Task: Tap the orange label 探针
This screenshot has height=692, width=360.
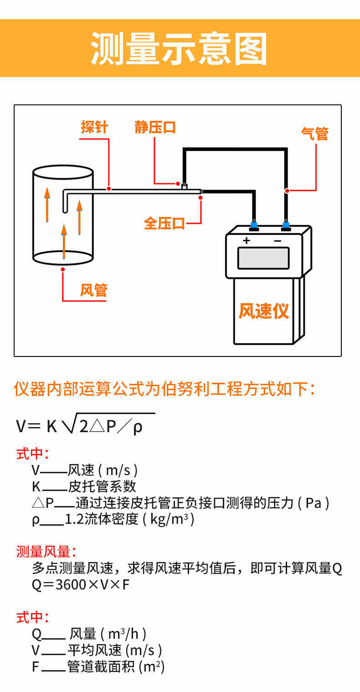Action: [x=94, y=127]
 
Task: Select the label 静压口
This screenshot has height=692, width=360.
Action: [x=155, y=127]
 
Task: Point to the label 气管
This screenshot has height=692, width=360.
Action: [x=314, y=134]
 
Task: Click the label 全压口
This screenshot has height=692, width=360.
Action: [x=164, y=223]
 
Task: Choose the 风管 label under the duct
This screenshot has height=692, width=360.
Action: [x=93, y=290]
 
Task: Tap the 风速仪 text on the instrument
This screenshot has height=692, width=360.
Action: [x=264, y=311]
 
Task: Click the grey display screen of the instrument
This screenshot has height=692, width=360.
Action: [x=263, y=258]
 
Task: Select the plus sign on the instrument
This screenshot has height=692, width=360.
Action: [x=247, y=240]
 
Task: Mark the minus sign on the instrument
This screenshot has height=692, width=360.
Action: [x=278, y=240]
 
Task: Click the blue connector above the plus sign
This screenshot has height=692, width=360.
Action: [x=254, y=225]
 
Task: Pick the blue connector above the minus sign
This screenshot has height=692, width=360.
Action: [x=286, y=225]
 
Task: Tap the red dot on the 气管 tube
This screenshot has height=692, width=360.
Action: [x=287, y=190]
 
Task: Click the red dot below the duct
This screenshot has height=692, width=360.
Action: [x=63, y=269]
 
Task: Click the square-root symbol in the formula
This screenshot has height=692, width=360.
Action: [x=68, y=424]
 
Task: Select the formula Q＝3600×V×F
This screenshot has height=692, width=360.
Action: [x=81, y=584]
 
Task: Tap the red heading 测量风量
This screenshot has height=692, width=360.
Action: [x=44, y=552]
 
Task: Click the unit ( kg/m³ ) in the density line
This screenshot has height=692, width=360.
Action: [x=169, y=519]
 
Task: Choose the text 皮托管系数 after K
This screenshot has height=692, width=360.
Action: [x=102, y=486]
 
